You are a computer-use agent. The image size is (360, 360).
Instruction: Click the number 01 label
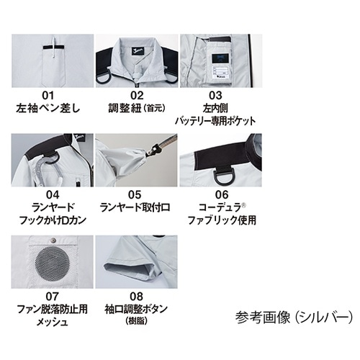click(x=49, y=95)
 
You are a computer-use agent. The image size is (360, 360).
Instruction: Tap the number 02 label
click(x=136, y=95)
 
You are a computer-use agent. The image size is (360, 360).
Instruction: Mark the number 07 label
click(x=49, y=294)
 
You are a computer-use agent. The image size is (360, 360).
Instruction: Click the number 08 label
click(x=136, y=294)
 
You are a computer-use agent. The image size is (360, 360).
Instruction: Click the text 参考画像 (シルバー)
click(x=294, y=315)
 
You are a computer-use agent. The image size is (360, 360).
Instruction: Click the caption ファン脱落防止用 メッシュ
click(x=49, y=315)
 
